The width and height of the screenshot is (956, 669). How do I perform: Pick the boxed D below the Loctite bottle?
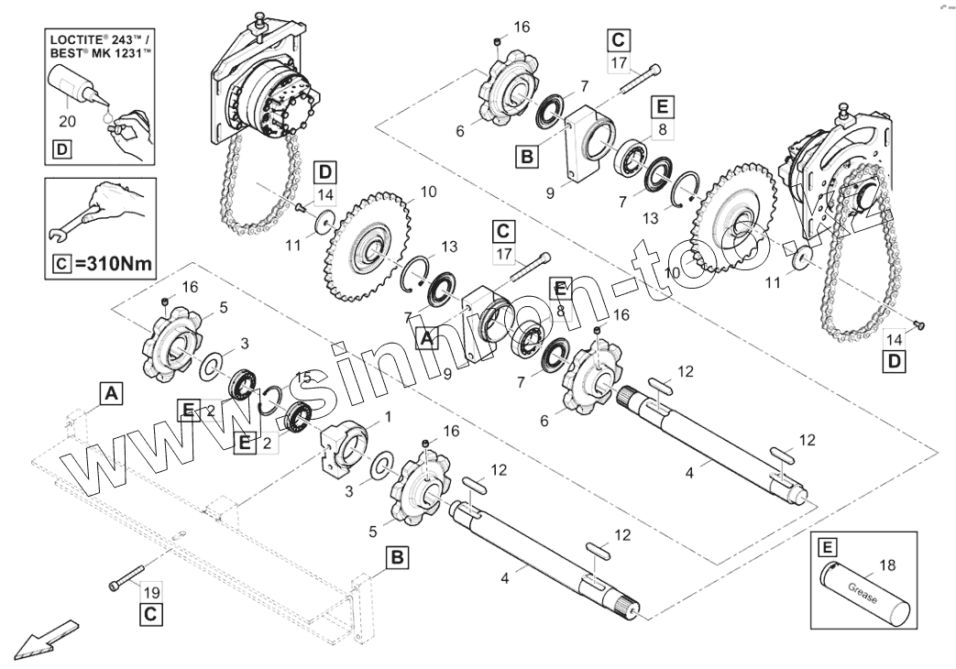(60, 148)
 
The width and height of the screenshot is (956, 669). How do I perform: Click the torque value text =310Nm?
(112, 265)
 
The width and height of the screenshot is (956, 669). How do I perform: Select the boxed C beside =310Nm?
(60, 265)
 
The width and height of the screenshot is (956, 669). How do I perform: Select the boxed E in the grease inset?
(827, 547)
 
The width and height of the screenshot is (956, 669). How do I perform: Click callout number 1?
(386, 416)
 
